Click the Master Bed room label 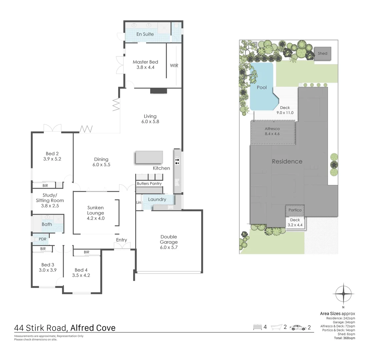click(x=145, y=62)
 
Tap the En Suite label click(x=145, y=34)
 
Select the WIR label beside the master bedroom click(x=174, y=66)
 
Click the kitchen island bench click(x=149, y=157)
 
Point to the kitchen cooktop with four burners click(x=177, y=161)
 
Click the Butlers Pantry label click(x=149, y=184)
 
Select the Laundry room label click(x=157, y=199)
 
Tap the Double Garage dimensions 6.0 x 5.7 click(x=168, y=247)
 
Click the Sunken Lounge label click(x=96, y=210)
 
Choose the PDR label click(x=42, y=239)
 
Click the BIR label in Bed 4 click(x=86, y=252)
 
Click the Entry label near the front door click(x=121, y=240)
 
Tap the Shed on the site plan click(x=322, y=53)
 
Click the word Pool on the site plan click(x=262, y=87)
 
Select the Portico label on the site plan click(x=295, y=210)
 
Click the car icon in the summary click(x=298, y=327)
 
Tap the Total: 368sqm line click(x=344, y=338)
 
